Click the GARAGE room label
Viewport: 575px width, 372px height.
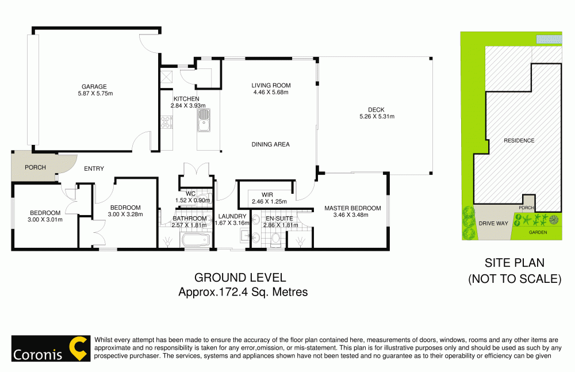[93, 87]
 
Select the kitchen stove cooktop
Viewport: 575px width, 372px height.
[167, 121]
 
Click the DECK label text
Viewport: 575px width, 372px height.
[376, 110]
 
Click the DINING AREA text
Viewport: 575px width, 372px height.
[270, 144]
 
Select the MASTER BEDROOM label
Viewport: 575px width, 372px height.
[352, 208]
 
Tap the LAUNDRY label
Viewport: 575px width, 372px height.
[232, 216]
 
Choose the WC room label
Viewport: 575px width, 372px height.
[191, 194]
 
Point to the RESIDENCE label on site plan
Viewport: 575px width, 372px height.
[519, 140]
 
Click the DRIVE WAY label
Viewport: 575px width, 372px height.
[493, 223]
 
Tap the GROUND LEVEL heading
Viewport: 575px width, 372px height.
[240, 278]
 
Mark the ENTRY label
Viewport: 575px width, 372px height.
[94, 168]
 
